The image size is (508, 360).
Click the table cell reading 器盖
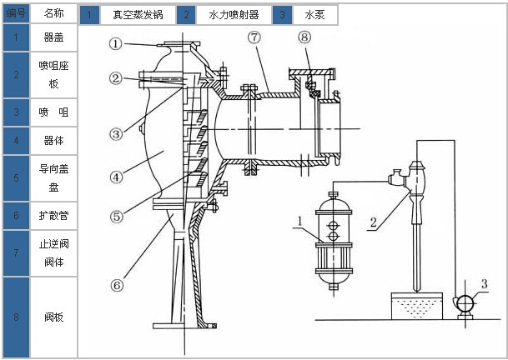coord(53,37)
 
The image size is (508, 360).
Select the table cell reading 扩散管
coord(53,215)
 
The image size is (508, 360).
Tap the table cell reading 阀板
coord(53,317)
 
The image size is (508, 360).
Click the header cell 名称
coord(53,13)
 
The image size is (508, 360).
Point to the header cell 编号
coord(16,13)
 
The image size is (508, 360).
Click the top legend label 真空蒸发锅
coord(138,15)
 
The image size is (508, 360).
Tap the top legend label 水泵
coord(314,15)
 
